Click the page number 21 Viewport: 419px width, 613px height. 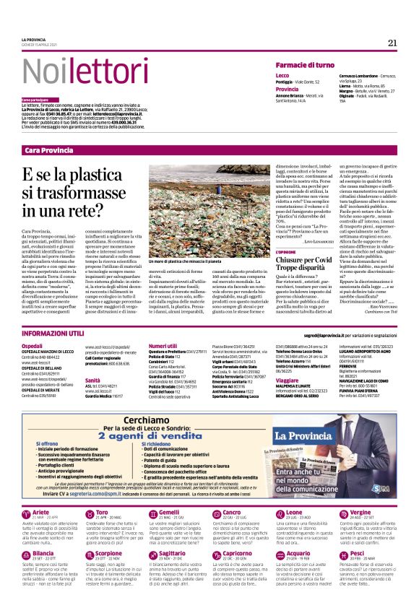coord(392,42)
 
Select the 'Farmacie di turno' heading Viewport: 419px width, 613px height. coord(305,65)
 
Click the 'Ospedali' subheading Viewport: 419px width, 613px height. coord(32,346)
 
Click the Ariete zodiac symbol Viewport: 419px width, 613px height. coord(27,513)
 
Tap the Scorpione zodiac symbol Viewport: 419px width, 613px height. coord(90,555)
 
